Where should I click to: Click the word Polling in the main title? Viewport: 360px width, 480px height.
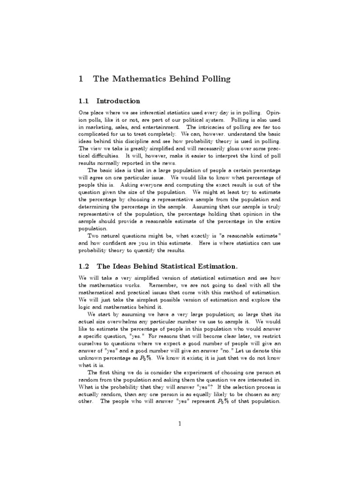[x=213, y=79]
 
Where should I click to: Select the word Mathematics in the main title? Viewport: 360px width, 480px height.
[x=133, y=79]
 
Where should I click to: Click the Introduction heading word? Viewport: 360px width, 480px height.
[x=118, y=101]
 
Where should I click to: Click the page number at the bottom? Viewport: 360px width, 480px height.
[x=180, y=424]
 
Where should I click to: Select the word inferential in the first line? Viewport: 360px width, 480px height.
[x=152, y=113]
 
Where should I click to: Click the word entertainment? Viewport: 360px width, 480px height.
[x=158, y=127]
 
